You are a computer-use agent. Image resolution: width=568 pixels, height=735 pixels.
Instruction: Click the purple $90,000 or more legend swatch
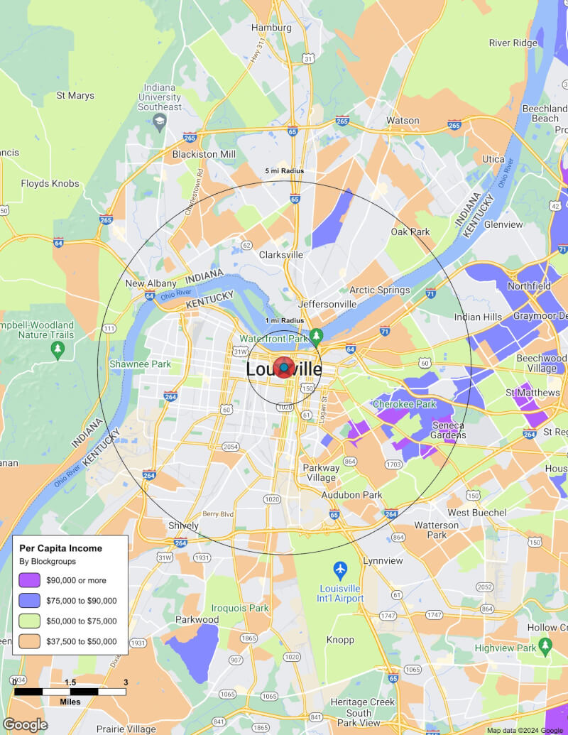[x=30, y=580]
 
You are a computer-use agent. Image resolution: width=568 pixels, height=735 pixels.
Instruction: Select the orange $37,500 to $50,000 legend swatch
[x=30, y=641]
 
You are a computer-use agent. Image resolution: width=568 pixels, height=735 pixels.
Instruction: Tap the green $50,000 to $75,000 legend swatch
[x=30, y=621]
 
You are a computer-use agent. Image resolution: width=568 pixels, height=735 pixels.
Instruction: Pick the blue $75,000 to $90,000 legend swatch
[x=30, y=601]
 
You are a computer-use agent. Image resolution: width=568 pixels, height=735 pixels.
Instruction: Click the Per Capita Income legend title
[x=60, y=548]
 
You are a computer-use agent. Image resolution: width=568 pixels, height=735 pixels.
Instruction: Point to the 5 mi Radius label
[x=284, y=171]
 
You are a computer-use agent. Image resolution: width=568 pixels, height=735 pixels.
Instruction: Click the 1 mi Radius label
[x=284, y=320]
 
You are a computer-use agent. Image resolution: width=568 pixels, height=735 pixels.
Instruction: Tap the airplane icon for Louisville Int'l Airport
[x=340, y=569]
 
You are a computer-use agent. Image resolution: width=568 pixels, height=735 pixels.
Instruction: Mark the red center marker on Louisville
[x=284, y=367]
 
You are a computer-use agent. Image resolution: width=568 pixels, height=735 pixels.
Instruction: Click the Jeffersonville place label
[x=327, y=304]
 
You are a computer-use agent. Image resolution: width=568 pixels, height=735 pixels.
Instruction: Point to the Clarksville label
[x=281, y=254]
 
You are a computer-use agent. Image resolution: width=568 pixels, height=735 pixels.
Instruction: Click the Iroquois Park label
[x=240, y=608]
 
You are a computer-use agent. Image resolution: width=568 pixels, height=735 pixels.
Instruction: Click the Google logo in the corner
[x=25, y=724]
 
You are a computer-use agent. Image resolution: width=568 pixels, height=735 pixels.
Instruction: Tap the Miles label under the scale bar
[x=70, y=702]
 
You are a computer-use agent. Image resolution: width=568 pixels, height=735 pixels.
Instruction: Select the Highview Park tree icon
[x=545, y=645]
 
